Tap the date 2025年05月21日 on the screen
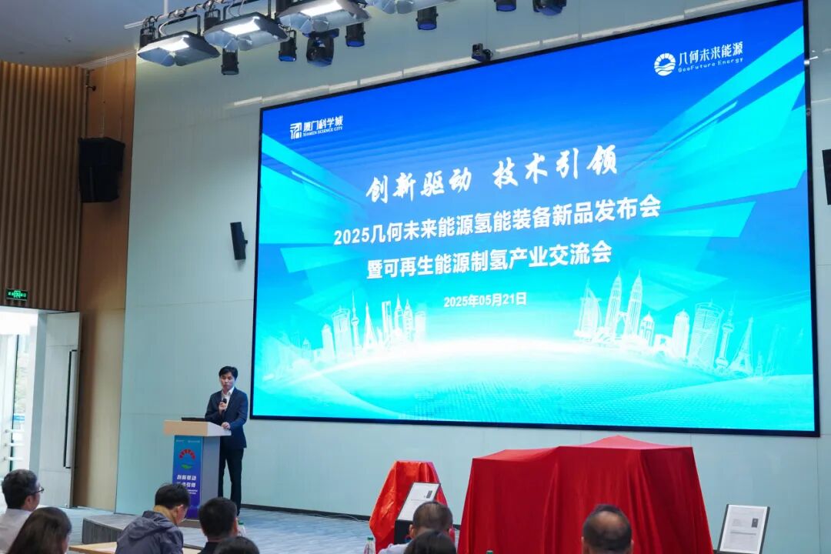[485, 300]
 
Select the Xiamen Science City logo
[315, 127]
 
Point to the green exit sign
[16, 294]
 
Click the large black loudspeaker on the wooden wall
[101, 169]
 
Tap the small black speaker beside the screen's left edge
[239, 241]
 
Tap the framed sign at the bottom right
[743, 529]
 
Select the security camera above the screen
[481, 52]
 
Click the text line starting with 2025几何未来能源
[497, 220]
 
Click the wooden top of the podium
[195, 428]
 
